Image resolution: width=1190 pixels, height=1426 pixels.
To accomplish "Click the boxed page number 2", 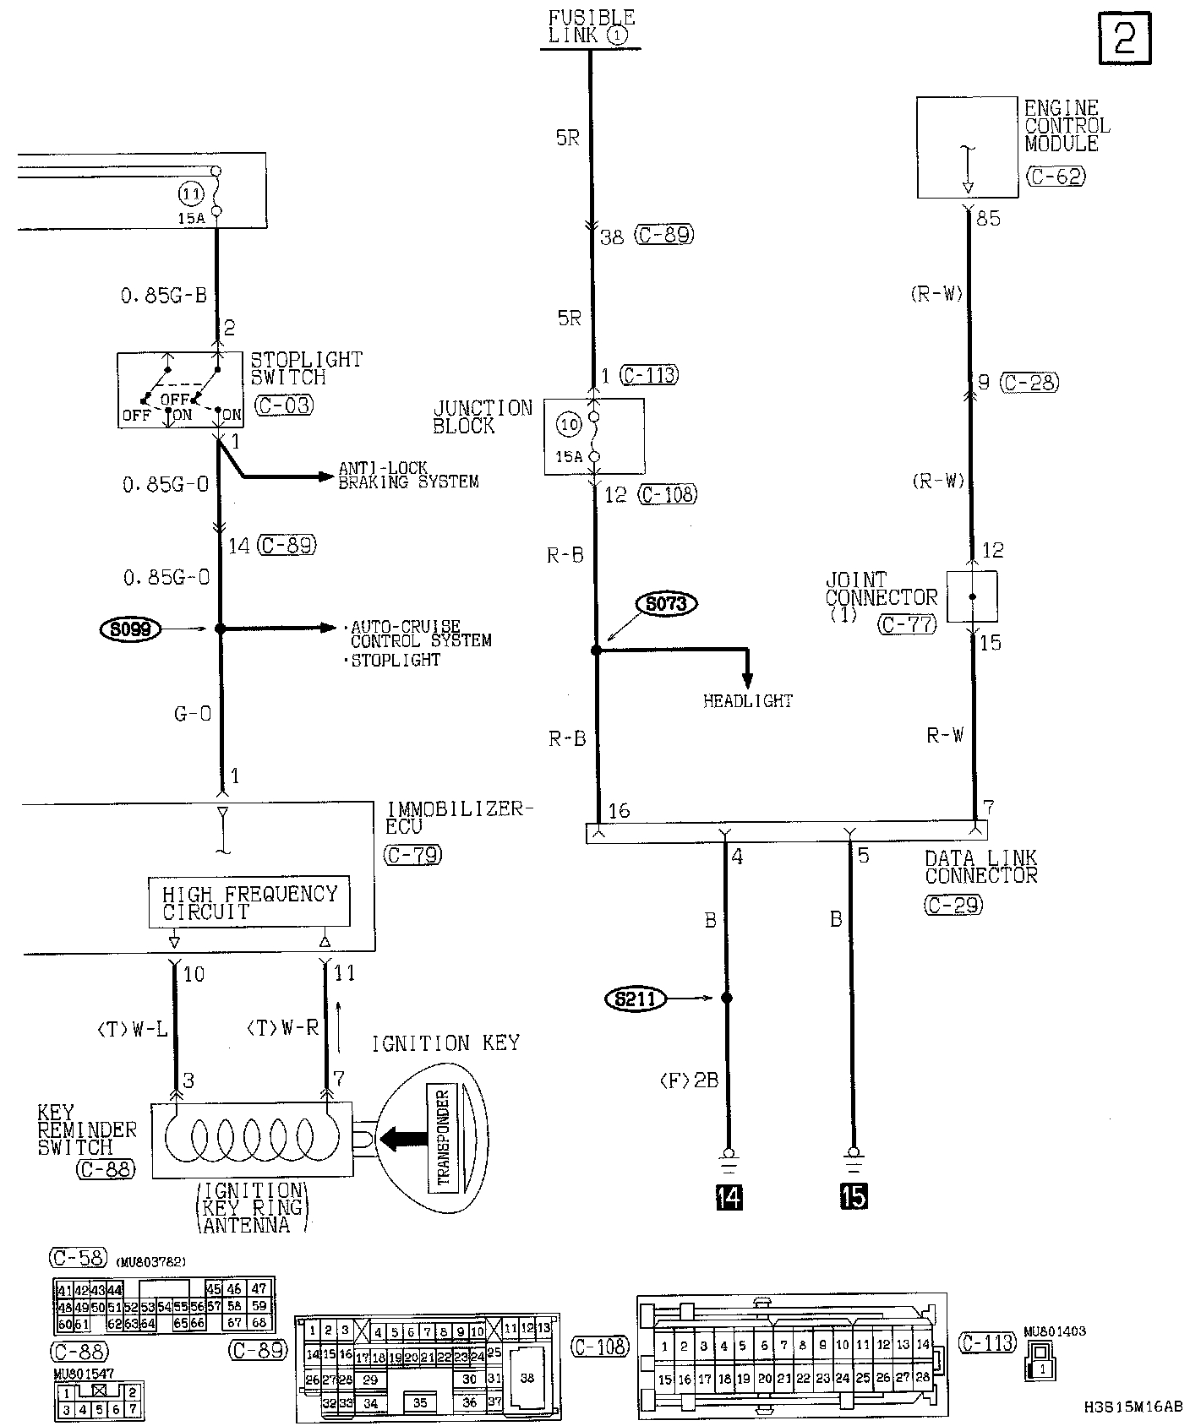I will point(1125,38).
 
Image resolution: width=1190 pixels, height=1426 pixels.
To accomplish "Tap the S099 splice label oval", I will point(131,629).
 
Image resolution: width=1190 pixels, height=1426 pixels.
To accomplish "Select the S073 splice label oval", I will point(666,604).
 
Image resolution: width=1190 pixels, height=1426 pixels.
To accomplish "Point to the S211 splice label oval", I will point(636,999).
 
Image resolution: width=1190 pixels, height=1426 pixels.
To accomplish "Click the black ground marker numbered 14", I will point(728,1197).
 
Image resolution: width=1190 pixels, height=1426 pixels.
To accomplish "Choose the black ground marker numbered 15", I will point(854,1197).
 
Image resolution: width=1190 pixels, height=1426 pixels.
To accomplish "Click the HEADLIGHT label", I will point(748,701).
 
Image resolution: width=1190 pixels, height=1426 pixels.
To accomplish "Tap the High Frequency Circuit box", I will point(248,903).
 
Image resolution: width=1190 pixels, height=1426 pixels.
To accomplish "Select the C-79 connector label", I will point(412,854).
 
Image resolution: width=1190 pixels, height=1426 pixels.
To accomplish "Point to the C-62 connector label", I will point(1055,176).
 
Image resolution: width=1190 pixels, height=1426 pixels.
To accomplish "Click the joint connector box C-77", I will point(972,596).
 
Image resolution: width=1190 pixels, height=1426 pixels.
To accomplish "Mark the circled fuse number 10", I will point(570,425).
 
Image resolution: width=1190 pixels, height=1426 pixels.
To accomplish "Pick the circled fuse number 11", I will point(191,193).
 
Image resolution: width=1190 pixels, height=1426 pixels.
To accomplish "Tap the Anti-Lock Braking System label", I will point(407,475).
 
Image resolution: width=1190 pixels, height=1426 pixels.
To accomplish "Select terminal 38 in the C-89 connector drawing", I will point(527,1378).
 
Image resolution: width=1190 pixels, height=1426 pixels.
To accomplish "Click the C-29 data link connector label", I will point(953,905).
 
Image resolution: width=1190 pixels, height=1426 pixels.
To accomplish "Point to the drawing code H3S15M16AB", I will point(1133,1407).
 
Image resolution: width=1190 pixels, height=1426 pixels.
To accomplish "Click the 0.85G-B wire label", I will point(163,295).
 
